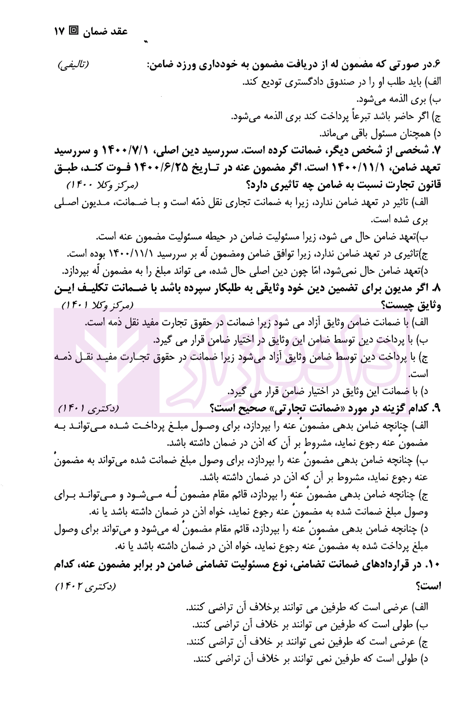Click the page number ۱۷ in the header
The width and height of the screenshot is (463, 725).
click(x=59, y=31)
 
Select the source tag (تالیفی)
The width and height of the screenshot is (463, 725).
click(x=73, y=65)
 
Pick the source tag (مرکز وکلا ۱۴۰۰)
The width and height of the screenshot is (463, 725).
click(x=103, y=185)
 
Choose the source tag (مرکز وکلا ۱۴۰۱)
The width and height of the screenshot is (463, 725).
click(x=99, y=305)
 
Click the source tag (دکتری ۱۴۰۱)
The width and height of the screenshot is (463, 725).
click(x=88, y=409)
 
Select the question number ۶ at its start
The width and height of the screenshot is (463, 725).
click(x=437, y=65)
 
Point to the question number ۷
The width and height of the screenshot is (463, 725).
click(x=437, y=151)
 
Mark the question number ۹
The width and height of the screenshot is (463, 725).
click(x=437, y=409)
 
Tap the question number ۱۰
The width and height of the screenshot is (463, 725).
click(x=434, y=566)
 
